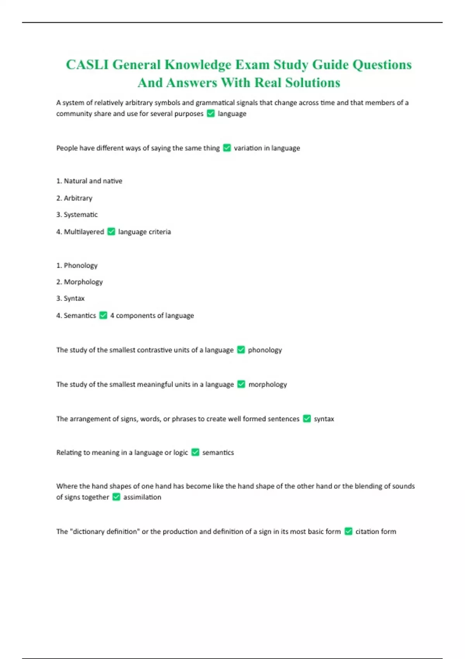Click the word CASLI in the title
coord(87,64)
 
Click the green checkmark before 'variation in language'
coord(227,148)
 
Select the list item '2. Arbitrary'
coord(74,198)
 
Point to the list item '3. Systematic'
coord(77,214)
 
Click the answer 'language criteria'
coord(145,231)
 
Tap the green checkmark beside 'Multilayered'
coord(111,231)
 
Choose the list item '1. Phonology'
coord(77,265)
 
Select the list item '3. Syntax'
coord(70,298)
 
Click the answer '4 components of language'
coord(152,315)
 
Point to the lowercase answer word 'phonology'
coord(265,350)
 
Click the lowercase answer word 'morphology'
coord(268,384)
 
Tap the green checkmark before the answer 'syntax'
coord(307,419)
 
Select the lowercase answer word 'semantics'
coord(218,452)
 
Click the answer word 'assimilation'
coord(142,497)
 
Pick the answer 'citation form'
coord(376,531)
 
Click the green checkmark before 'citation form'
coord(348,531)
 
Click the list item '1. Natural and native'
coord(89,181)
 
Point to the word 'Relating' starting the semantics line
coord(68,452)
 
